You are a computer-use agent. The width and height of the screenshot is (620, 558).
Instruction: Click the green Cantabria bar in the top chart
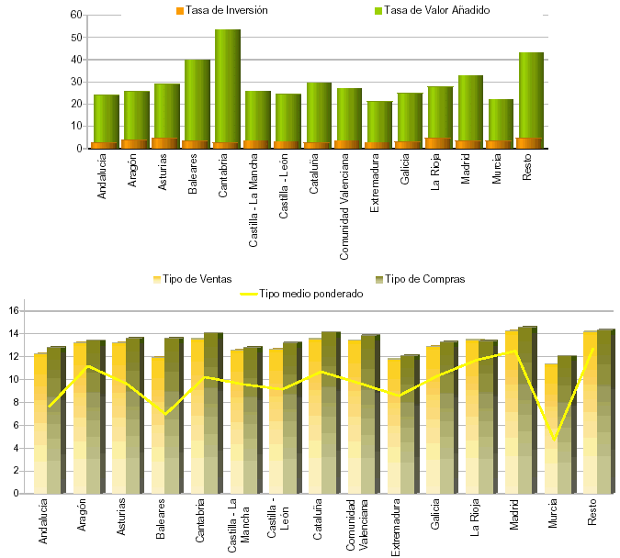pyautogui.click(x=227, y=83)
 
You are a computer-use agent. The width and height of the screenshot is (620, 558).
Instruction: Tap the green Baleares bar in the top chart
pyautogui.click(x=197, y=96)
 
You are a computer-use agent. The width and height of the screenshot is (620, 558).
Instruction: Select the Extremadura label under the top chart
pyautogui.click(x=374, y=184)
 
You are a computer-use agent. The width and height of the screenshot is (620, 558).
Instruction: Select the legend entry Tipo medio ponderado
pyautogui.click(x=304, y=294)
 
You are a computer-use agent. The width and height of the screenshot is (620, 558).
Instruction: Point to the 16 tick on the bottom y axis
pyautogui.click(x=14, y=311)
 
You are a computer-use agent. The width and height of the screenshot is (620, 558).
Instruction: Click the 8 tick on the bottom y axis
pyautogui.click(x=16, y=402)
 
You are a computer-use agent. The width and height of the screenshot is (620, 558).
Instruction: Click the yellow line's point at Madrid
pyautogui.click(x=514, y=352)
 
